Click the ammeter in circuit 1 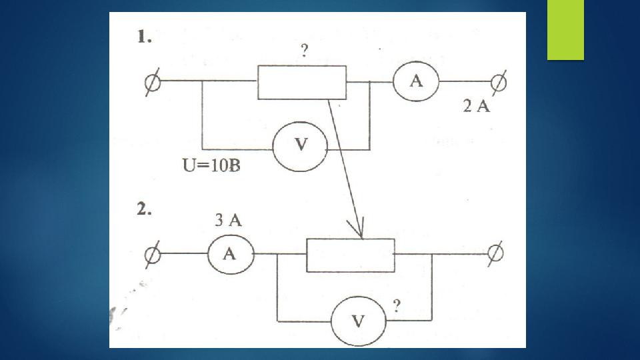point(416,81)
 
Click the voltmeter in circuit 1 point(301,147)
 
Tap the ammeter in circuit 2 point(231,254)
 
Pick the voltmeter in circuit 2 point(359,321)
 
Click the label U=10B point(211,165)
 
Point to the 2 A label point(476,106)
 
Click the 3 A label point(228,221)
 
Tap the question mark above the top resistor point(304,51)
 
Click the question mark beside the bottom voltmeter point(397,306)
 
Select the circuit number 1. point(144,37)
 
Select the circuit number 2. point(144,209)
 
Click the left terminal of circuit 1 point(152,82)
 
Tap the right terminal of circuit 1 point(499,83)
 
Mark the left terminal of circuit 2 point(152,255)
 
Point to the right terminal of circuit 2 point(495,253)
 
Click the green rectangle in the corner point(565,30)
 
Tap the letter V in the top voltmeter point(301,144)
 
